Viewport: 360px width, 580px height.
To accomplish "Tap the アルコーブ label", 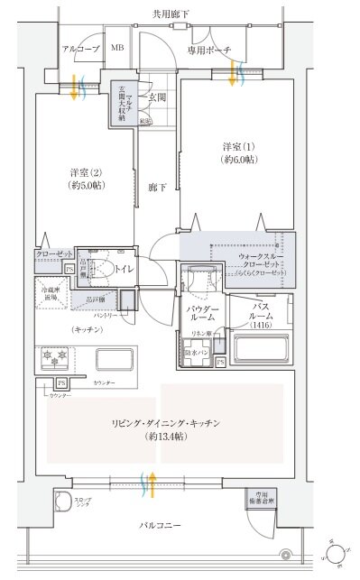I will pos(79,49).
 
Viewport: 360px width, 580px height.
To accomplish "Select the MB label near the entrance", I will pos(117,49).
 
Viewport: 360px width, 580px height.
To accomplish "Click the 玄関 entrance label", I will pos(157,97).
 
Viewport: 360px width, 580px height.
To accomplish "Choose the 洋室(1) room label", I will pos(239,152).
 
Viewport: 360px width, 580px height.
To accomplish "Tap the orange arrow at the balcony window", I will pos(153,483).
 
